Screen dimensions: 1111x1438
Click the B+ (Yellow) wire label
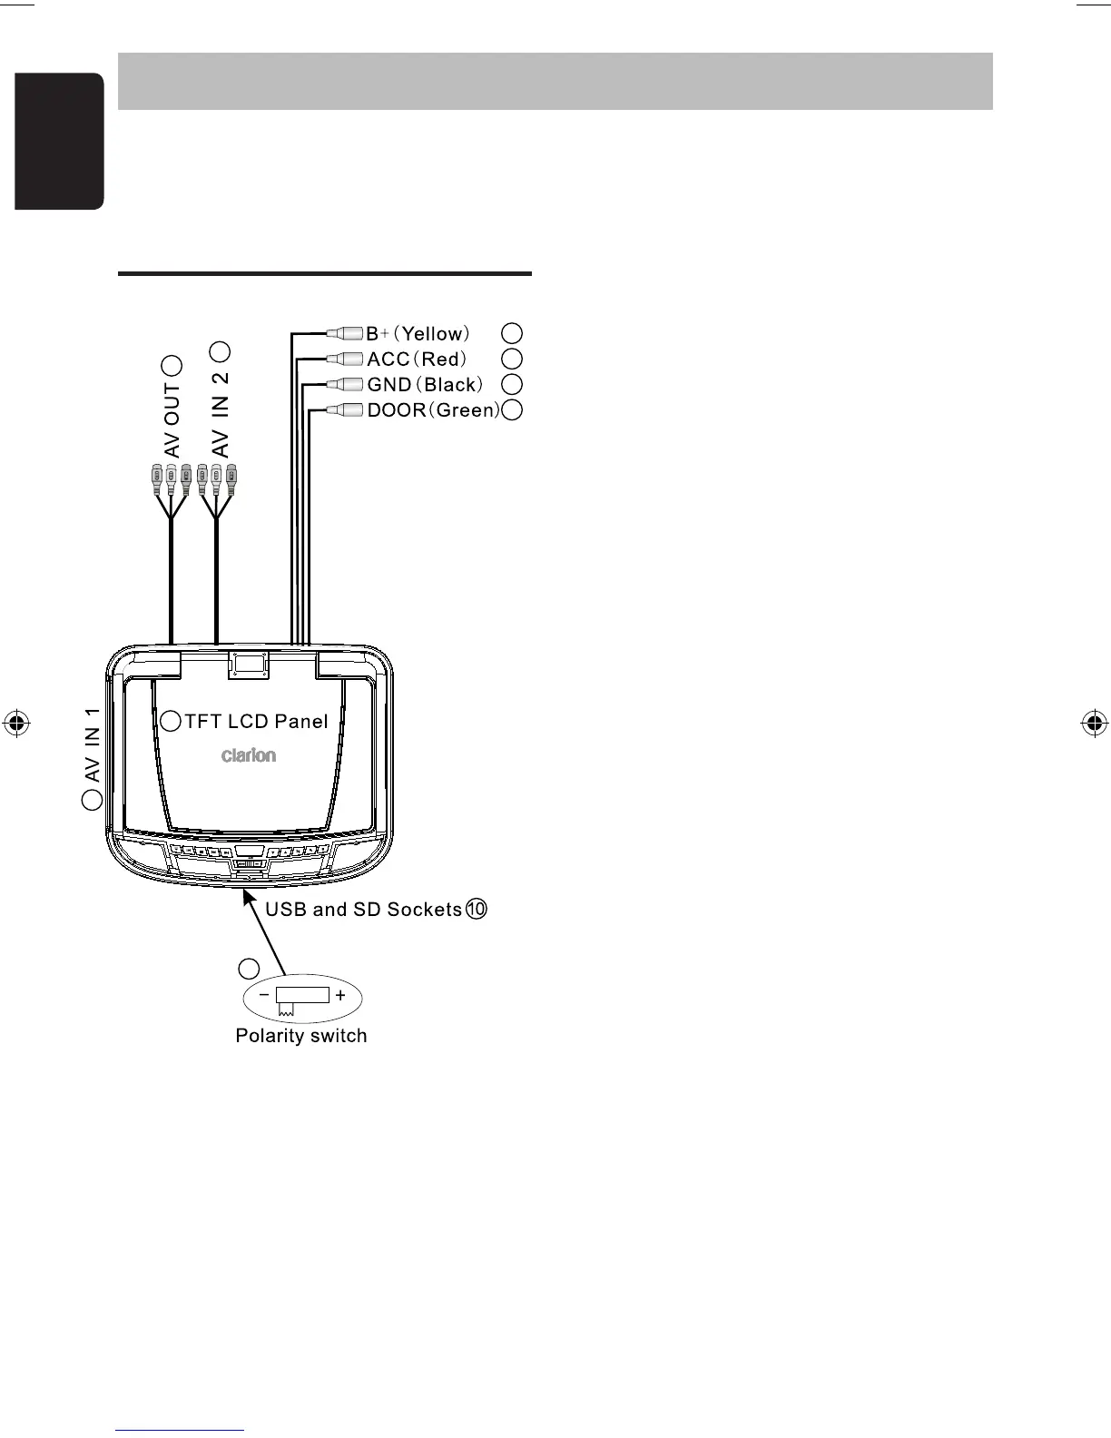pyautogui.click(x=418, y=333)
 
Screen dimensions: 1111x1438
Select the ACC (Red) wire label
pyautogui.click(x=417, y=359)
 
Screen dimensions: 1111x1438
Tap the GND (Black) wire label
pyautogui.click(x=425, y=384)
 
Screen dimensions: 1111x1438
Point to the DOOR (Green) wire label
pyautogui.click(x=433, y=409)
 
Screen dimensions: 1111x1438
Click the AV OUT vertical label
pyautogui.click(x=172, y=419)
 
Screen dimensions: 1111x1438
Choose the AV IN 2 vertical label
pyautogui.click(x=220, y=414)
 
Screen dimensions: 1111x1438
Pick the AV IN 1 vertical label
pyautogui.click(x=92, y=745)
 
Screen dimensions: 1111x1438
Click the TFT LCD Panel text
pyautogui.click(x=256, y=722)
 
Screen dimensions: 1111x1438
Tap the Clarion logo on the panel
pyautogui.click(x=249, y=755)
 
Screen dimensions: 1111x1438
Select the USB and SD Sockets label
pyautogui.click(x=363, y=909)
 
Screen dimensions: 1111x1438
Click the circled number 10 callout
pyautogui.click(x=477, y=909)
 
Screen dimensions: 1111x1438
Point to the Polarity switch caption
pyautogui.click(x=301, y=1036)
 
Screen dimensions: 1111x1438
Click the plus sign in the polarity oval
pyautogui.click(x=340, y=995)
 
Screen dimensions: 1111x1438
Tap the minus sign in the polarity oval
pyautogui.click(x=263, y=995)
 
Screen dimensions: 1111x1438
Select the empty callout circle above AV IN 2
pyautogui.click(x=220, y=350)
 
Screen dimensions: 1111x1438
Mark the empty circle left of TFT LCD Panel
pyautogui.click(x=171, y=721)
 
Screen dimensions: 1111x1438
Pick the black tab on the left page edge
pyautogui.click(x=59, y=141)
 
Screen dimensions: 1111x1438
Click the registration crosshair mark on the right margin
pyautogui.click(x=1094, y=724)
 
